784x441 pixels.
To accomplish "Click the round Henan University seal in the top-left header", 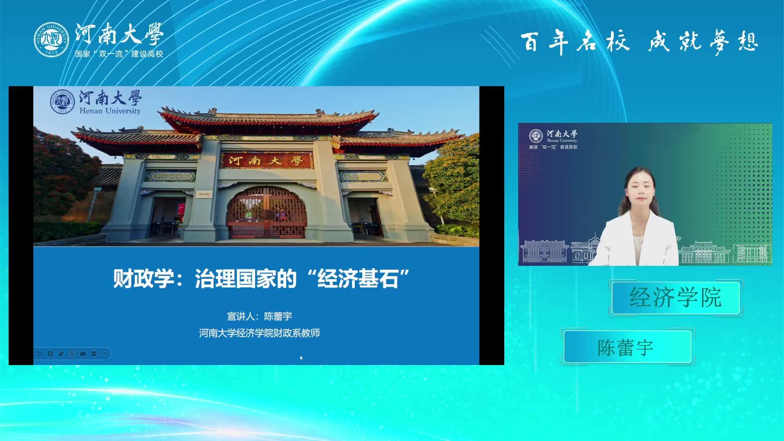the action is [x=51, y=40].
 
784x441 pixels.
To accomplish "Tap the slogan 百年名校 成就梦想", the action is [x=639, y=42].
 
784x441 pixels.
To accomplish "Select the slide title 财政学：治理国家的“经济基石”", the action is [x=261, y=279].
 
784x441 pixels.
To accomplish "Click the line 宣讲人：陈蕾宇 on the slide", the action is [x=259, y=316].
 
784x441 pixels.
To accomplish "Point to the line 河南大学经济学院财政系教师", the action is [x=259, y=333].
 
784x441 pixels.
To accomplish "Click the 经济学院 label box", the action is [x=676, y=298].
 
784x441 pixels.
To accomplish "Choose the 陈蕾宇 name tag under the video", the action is [x=627, y=347].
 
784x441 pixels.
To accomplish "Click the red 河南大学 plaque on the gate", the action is [x=266, y=160].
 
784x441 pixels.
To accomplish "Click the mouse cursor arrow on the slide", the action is [x=301, y=358].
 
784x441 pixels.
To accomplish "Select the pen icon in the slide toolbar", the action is [x=61, y=354].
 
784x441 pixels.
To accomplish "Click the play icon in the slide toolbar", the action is [x=50, y=354].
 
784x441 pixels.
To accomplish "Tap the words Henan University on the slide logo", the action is [x=110, y=111].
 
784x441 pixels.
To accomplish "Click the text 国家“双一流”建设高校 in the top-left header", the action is [x=119, y=54].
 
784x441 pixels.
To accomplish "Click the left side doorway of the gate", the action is [x=168, y=216].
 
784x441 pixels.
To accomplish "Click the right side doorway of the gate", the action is [x=365, y=216].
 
